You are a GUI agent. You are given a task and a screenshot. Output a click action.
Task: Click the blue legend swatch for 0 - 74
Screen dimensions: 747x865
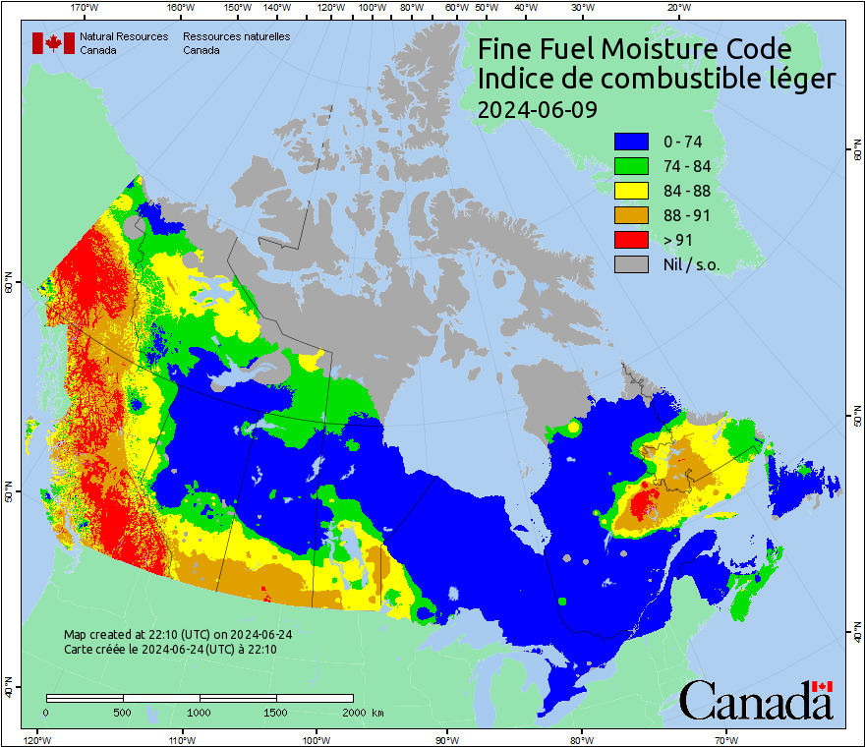631,142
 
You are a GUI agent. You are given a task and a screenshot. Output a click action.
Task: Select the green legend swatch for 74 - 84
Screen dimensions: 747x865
631,166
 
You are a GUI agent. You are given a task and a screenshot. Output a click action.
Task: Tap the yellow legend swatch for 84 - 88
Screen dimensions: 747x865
631,191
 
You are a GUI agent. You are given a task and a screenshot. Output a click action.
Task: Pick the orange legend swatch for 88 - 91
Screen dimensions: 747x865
631,215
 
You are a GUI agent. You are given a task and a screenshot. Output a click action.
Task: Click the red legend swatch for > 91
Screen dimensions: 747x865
631,240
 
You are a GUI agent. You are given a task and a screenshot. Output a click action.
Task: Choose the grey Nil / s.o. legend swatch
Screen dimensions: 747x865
631,264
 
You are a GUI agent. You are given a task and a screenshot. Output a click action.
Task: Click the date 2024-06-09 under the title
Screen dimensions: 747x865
537,109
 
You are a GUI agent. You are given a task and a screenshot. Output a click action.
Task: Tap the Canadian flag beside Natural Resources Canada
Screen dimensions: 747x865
53,42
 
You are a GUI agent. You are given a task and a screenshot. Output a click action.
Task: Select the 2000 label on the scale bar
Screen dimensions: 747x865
352,712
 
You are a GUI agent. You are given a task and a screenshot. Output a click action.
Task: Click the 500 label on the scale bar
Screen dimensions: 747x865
123,712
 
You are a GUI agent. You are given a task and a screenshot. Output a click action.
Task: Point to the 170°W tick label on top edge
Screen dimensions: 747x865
86,7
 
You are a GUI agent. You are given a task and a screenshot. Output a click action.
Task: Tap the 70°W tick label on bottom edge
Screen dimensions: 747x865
726,739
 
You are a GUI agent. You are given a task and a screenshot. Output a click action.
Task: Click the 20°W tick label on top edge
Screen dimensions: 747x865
676,7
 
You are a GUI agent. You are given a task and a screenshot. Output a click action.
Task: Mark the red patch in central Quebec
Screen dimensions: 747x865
644,505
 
